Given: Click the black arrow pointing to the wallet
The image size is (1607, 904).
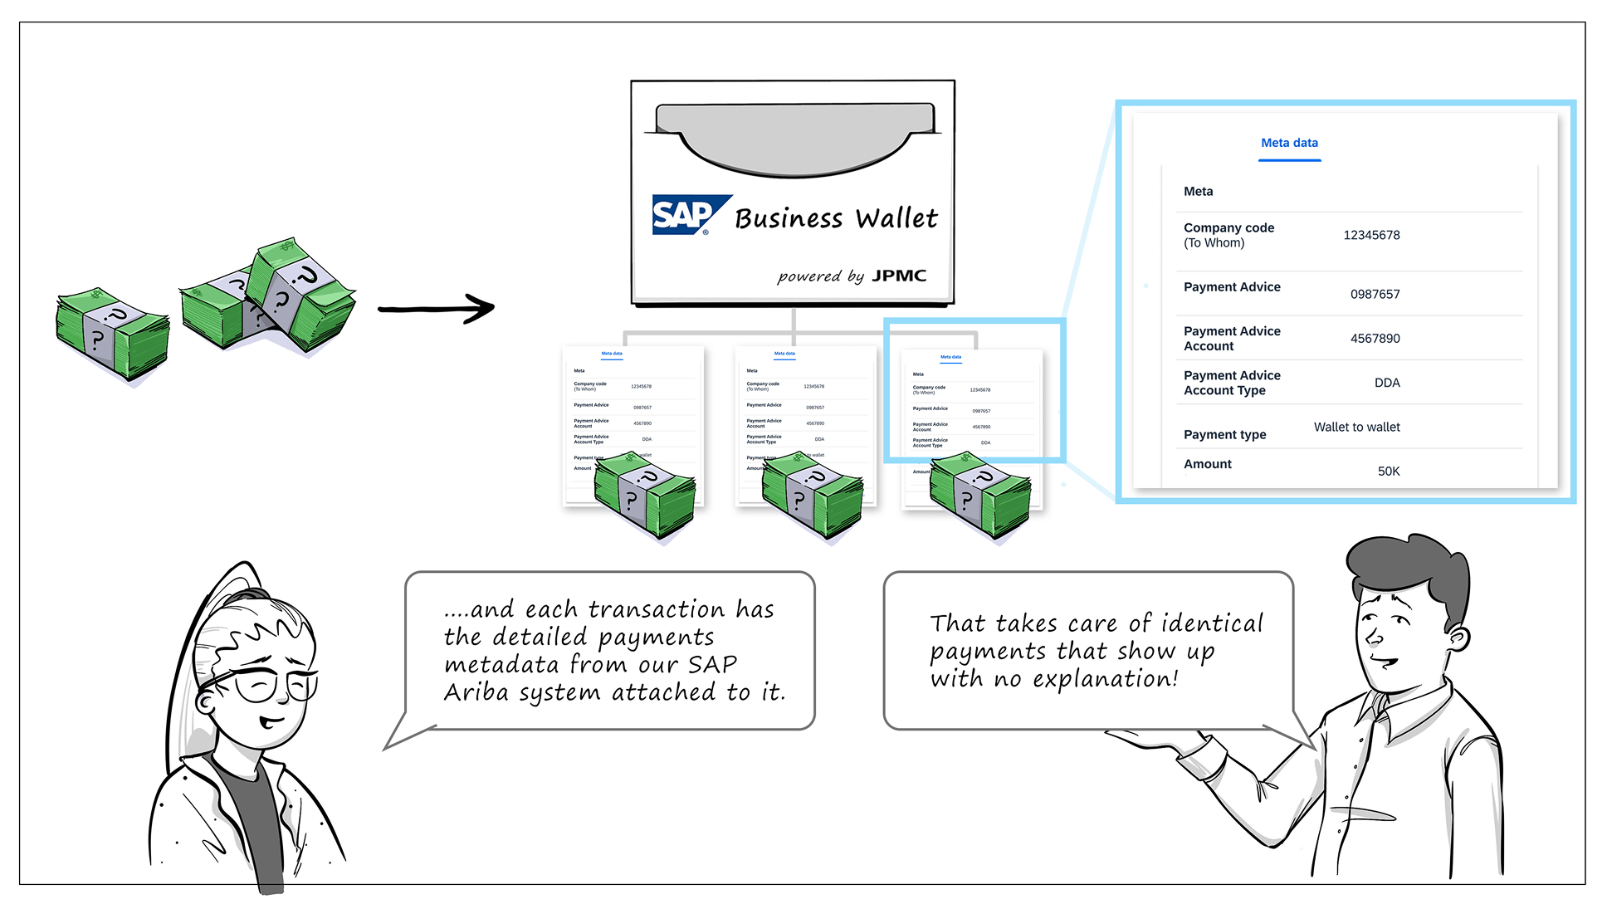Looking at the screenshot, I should click(437, 309).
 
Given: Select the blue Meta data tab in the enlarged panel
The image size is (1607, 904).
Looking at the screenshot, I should click(1289, 144).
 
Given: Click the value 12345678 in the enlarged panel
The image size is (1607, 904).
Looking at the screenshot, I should click(1371, 236).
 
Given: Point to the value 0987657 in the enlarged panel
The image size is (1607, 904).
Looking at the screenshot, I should click(1375, 295).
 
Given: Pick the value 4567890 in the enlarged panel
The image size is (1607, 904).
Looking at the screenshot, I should click(1375, 339).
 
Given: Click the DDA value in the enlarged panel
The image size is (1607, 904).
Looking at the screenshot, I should click(1386, 384).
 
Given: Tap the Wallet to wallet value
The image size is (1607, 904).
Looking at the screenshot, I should click(1356, 428).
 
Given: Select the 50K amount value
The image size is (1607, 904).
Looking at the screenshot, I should click(1388, 472).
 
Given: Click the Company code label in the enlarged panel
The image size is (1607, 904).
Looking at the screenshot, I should click(1228, 228).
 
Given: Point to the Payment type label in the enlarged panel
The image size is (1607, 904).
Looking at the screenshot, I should click(1224, 435).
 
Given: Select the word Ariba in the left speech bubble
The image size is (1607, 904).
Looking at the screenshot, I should click(476, 692).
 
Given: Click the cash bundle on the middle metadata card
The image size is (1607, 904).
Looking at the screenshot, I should click(812, 494).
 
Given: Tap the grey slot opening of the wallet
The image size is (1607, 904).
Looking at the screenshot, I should click(794, 137).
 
